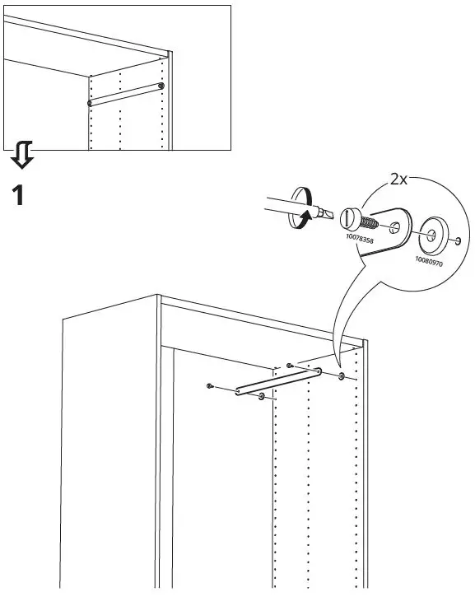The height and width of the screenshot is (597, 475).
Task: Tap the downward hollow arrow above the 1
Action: point(23,153)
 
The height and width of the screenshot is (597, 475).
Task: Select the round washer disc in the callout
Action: point(430,234)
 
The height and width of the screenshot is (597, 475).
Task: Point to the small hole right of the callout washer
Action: point(457,241)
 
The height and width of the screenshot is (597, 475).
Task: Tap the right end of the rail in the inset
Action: point(161,86)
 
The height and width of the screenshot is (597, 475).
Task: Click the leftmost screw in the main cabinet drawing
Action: point(212,385)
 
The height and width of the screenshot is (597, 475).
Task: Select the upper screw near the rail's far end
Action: point(289,365)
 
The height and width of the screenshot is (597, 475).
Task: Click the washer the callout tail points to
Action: point(341,377)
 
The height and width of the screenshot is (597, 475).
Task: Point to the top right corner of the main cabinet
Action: point(365,338)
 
